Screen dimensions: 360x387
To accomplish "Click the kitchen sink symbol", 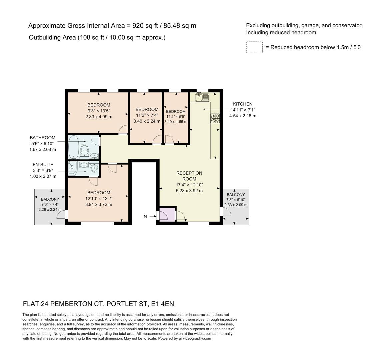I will [x=202, y=97].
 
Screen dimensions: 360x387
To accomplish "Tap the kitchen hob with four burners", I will [x=215, y=118].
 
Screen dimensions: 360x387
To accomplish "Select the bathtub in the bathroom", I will [x=74, y=147].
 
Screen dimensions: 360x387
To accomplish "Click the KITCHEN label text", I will [x=243, y=104].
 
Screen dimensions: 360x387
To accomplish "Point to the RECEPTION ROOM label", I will [x=189, y=176].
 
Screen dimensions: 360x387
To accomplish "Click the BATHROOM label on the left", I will [x=43, y=138].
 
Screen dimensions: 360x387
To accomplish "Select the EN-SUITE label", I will [x=43, y=165].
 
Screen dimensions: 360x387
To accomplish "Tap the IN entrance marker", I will [x=145, y=217].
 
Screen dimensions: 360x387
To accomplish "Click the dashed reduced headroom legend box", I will [x=254, y=47].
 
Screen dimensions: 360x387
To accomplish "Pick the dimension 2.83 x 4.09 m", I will [x=99, y=117].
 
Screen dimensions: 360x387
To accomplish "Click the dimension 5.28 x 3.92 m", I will [x=189, y=191].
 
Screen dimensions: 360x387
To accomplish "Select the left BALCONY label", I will [x=50, y=199].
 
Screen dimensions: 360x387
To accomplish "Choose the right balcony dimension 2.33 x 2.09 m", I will [x=236, y=205].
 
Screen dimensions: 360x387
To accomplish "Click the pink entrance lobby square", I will [x=167, y=214].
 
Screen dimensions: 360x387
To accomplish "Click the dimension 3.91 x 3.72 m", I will [x=99, y=204].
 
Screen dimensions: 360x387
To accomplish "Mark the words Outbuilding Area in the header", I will [x=52, y=37].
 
